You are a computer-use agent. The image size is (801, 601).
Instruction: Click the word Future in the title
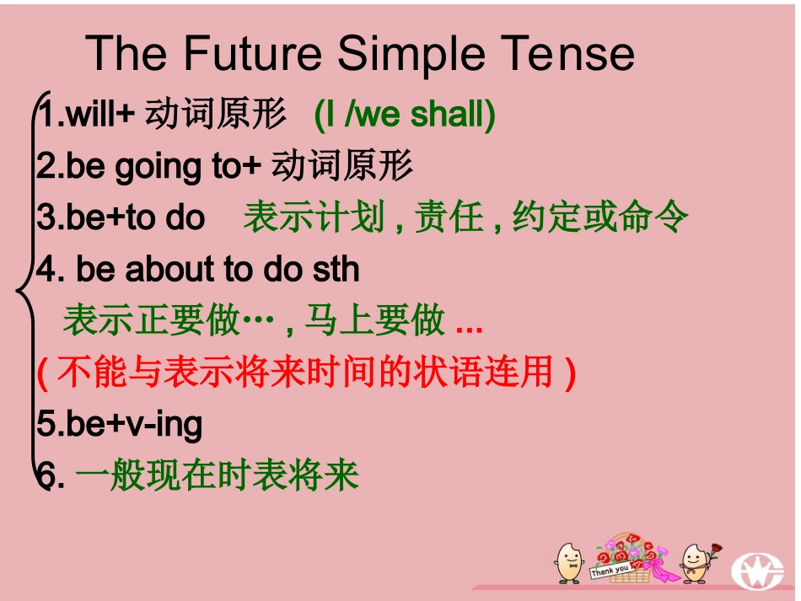coord(252,54)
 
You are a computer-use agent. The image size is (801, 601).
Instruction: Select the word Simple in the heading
coord(412,54)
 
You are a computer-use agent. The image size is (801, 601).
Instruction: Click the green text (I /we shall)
coord(405,115)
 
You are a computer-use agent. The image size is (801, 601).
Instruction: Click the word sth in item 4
coord(336,270)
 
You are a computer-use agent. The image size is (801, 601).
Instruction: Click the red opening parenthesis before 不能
coord(42,373)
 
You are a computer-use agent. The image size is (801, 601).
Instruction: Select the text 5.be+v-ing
coord(120,424)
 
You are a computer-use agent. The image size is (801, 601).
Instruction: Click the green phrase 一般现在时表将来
coord(217,476)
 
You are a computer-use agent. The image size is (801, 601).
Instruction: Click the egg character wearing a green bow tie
coord(568,561)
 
